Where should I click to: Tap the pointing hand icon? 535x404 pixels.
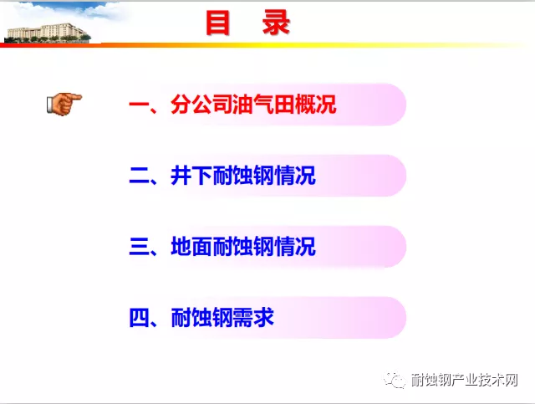(x=64, y=104)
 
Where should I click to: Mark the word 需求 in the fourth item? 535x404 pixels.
(x=257, y=319)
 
